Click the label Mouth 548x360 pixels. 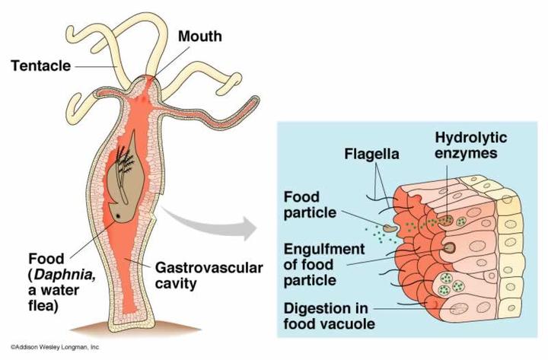click(199, 37)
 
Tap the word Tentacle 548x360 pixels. click(40, 65)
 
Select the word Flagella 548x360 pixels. click(371, 155)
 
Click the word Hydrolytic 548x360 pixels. click(471, 137)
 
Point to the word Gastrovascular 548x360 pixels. click(209, 268)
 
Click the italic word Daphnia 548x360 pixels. click(65, 275)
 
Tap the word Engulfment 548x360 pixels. click(324, 249)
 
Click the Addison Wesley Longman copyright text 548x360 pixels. click(55, 347)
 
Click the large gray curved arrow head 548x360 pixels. click(249, 228)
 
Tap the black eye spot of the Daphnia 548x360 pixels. click(118, 216)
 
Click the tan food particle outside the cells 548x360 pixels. click(390, 228)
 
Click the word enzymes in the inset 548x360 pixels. click(466, 153)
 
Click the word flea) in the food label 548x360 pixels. click(43, 306)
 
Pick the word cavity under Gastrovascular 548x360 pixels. click(176, 283)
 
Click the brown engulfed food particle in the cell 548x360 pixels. click(448, 248)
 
